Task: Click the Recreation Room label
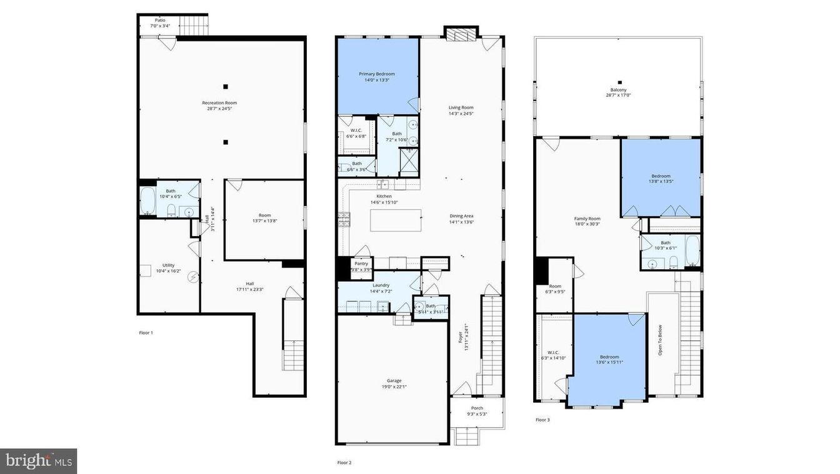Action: point(219,102)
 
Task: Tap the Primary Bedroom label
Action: point(377,74)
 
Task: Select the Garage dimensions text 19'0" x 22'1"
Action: point(394,387)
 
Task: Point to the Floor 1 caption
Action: point(146,333)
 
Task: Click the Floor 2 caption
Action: point(344,463)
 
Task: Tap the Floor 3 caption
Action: point(542,420)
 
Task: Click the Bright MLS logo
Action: point(38,461)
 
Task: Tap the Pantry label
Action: point(361,264)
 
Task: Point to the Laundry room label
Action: point(381,285)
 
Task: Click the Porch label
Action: point(477,408)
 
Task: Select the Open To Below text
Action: point(660,340)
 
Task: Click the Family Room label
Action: point(587,219)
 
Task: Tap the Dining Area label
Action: point(461,216)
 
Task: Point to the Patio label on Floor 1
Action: point(161,20)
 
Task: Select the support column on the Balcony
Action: point(619,82)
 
